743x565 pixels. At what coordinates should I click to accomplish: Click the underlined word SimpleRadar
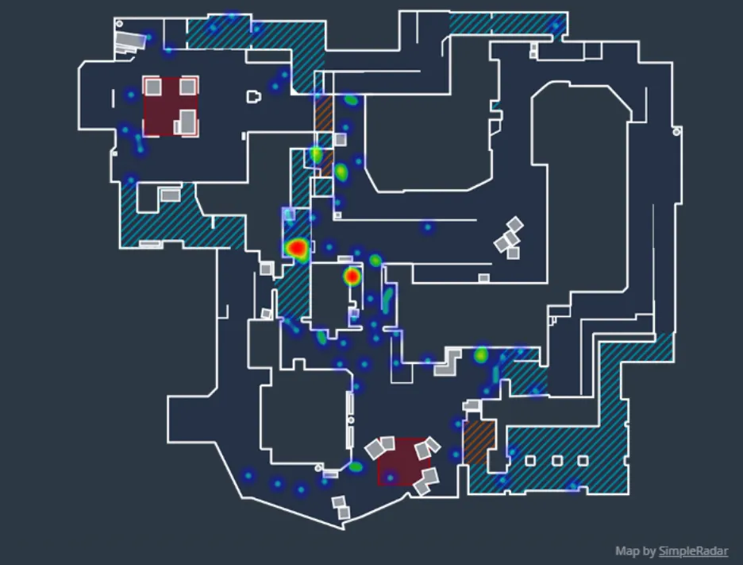(693, 551)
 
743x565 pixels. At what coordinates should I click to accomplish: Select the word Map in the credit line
(626, 551)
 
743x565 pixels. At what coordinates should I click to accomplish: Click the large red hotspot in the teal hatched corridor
(297, 248)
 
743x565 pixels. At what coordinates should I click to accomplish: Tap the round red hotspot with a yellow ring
(352, 277)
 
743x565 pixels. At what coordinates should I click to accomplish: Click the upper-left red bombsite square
(170, 106)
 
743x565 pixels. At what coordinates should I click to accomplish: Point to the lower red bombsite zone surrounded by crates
(403, 462)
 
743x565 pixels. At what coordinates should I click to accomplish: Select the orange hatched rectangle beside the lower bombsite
(479, 443)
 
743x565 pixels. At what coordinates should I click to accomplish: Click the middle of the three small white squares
(557, 460)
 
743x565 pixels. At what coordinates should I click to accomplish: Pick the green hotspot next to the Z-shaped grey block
(480, 355)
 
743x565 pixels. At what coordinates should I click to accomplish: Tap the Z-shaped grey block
(448, 361)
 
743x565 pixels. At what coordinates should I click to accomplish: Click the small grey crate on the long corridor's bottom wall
(483, 278)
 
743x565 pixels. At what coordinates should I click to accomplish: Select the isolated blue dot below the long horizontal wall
(428, 228)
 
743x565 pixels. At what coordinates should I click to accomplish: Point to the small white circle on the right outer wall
(676, 132)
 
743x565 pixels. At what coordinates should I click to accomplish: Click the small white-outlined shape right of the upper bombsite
(253, 97)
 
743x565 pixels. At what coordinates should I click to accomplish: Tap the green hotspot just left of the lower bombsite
(356, 466)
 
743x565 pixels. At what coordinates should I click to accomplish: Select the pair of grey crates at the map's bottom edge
(341, 507)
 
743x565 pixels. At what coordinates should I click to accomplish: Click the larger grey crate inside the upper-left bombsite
(187, 122)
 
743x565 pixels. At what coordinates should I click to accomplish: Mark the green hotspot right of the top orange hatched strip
(350, 100)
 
